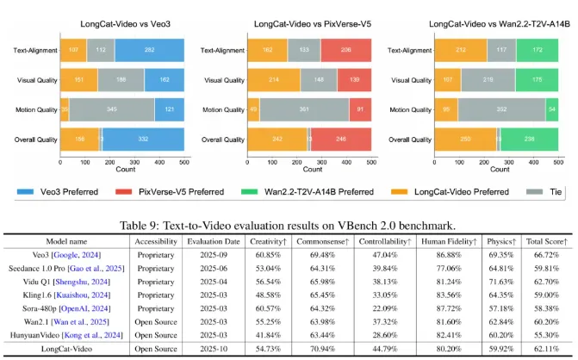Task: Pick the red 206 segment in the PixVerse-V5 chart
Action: (x=347, y=50)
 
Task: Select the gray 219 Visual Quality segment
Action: (x=488, y=80)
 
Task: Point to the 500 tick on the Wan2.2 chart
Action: (x=558, y=161)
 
